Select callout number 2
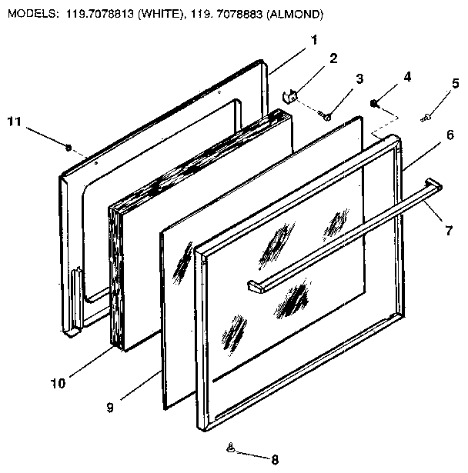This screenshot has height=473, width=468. (333, 58)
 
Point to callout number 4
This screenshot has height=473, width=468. (407, 76)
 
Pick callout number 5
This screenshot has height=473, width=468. (456, 83)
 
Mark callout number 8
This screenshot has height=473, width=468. (274, 459)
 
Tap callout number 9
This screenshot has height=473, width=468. (111, 408)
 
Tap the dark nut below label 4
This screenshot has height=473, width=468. (373, 103)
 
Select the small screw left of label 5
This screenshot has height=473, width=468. (426, 117)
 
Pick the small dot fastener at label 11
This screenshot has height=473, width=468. (69, 147)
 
